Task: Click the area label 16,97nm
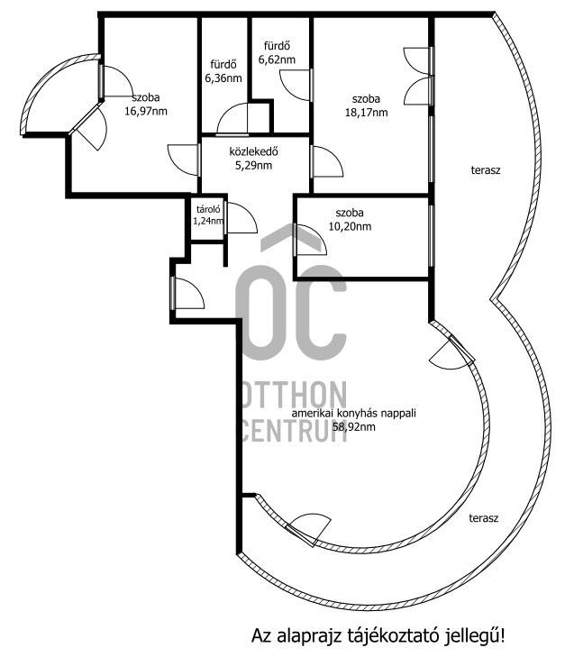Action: tap(146, 111)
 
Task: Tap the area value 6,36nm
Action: tap(223, 78)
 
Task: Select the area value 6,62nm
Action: tap(277, 59)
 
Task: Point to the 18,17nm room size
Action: tap(366, 113)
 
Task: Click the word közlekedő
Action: tap(254, 151)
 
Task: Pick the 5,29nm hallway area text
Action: tap(253, 165)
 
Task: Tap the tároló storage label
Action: tap(208, 209)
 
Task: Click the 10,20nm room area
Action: tap(350, 226)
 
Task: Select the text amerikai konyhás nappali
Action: tap(354, 414)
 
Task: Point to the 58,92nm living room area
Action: tap(354, 427)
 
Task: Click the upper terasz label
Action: tap(486, 170)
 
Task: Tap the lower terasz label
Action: tap(484, 518)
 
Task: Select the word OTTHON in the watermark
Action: tap(295, 395)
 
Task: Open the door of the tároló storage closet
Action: tap(241, 218)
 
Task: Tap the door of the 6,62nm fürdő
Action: tap(296, 85)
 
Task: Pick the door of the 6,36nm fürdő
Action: tap(232, 119)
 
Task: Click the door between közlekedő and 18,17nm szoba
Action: tap(327, 161)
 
